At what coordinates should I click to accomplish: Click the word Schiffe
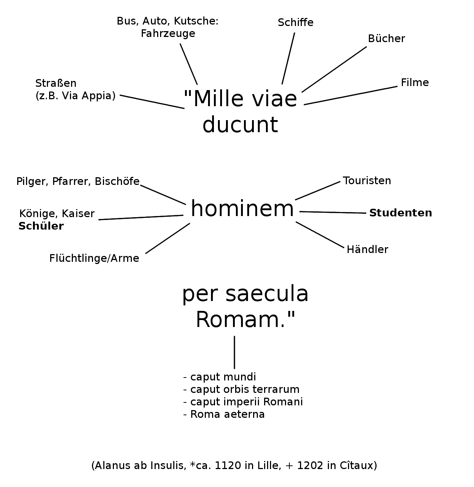pyautogui.click(x=295, y=23)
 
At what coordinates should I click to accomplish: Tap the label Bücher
pyautogui.click(x=386, y=38)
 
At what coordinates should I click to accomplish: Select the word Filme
pyautogui.click(x=415, y=82)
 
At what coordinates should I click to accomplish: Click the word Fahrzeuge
pyautogui.click(x=168, y=34)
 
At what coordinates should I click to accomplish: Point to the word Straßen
pyautogui.click(x=56, y=83)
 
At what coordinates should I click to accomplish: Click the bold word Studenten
pyautogui.click(x=400, y=213)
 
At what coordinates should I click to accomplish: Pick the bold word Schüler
pyautogui.click(x=41, y=226)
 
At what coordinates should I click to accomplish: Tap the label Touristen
pyautogui.click(x=367, y=181)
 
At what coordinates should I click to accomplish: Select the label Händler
pyautogui.click(x=367, y=249)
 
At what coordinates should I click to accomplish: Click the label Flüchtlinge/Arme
pyautogui.click(x=94, y=259)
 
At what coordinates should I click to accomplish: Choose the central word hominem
pyautogui.click(x=242, y=209)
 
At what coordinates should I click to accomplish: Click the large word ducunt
pyautogui.click(x=240, y=125)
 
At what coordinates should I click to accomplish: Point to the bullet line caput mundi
pyautogui.click(x=223, y=377)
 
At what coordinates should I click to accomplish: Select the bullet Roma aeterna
pyautogui.click(x=227, y=414)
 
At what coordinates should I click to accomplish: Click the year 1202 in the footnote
pyautogui.click(x=310, y=465)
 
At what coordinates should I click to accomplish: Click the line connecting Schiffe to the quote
pyautogui.click(x=288, y=59)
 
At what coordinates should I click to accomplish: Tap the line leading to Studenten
pyautogui.click(x=333, y=212)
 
